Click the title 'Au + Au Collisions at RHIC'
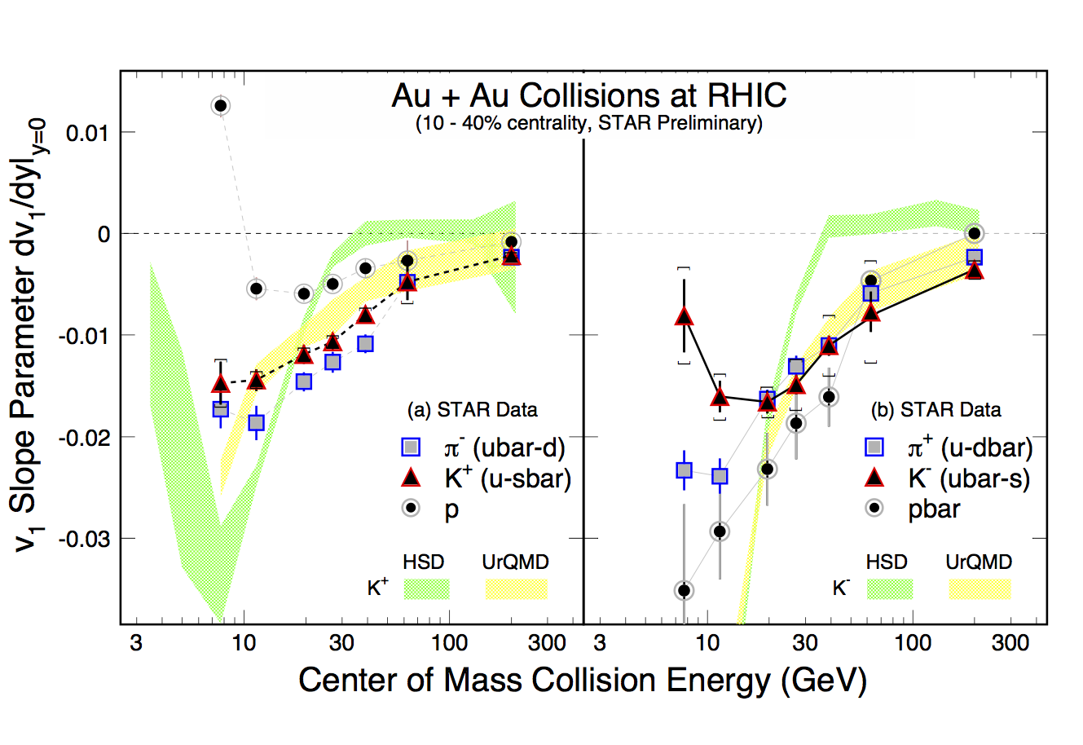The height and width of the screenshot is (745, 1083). click(588, 96)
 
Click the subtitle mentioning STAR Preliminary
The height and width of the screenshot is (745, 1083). click(588, 124)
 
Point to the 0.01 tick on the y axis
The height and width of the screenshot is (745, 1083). click(89, 132)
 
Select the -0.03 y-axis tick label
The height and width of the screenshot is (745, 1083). click(85, 539)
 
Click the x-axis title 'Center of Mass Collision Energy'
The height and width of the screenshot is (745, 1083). click(582, 680)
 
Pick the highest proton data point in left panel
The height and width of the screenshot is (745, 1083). click(221, 105)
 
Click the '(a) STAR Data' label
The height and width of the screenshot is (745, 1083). click(473, 410)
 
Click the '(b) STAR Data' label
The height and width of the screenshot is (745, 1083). click(936, 410)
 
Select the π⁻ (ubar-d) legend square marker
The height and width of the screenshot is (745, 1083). click(412, 447)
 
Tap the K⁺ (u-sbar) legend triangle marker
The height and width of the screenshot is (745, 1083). click(412, 478)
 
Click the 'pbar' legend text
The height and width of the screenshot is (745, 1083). click(934, 509)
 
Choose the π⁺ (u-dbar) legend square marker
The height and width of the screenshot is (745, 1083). click(874, 447)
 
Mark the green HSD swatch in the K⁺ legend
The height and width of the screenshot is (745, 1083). click(426, 589)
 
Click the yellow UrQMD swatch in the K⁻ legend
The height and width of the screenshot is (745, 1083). click(980, 589)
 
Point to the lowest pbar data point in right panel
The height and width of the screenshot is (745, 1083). click(685, 590)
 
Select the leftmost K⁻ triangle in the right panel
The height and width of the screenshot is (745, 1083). click(685, 316)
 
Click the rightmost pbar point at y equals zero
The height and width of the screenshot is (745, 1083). click(974, 233)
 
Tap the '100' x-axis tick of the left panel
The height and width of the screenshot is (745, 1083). click(448, 643)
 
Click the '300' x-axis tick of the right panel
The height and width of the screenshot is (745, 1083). click(1010, 643)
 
